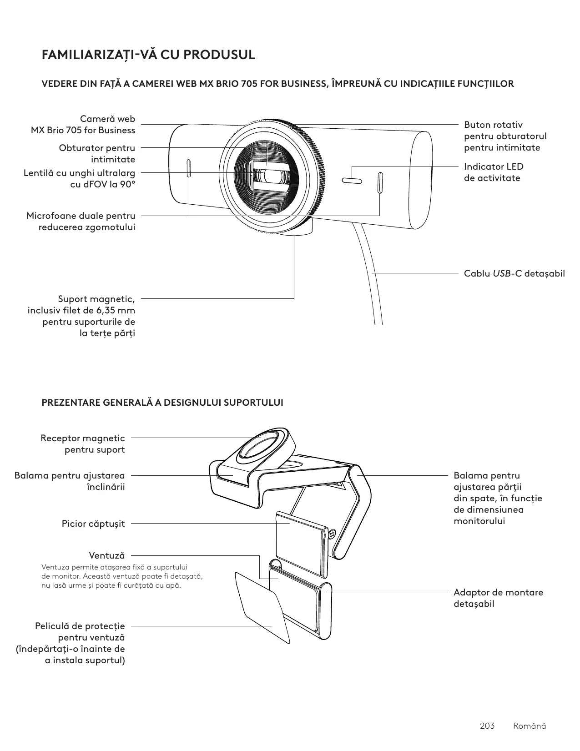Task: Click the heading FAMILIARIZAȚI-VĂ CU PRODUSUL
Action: pos(148,55)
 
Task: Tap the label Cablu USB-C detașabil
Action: pos(514,273)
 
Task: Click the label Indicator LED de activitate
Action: pos(493,172)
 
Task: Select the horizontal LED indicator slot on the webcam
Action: pos(352,181)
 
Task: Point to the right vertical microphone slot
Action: pos(380,182)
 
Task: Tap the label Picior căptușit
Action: pos(93,524)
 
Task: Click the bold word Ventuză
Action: pos(106,555)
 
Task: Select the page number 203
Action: pos(487,726)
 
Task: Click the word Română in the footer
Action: pos(529,726)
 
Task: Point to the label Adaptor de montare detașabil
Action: pos(498,598)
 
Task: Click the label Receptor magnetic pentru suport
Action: pos(83,444)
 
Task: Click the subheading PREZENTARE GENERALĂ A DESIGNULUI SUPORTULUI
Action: pos(162,403)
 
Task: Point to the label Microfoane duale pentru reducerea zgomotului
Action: pos(81,221)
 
